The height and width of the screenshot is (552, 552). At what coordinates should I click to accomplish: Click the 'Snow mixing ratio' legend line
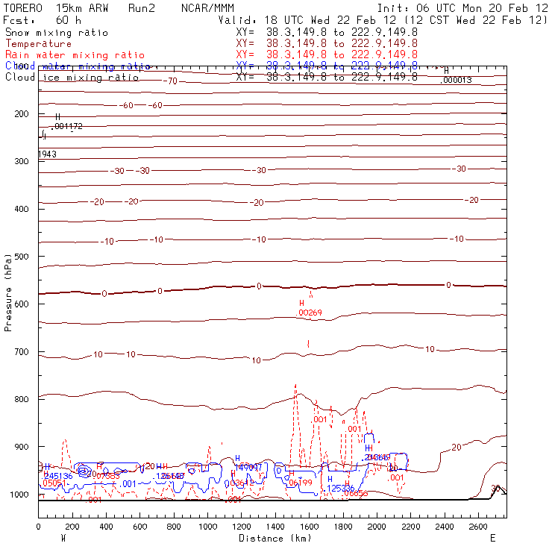[x=56, y=33]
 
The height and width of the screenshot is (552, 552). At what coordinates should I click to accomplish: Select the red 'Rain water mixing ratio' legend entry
[x=66, y=55]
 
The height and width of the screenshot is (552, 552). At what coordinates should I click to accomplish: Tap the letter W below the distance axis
[x=63, y=537]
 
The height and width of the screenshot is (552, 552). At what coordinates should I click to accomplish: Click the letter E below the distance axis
[x=492, y=537]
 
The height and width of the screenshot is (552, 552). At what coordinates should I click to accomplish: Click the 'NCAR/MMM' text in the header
[x=207, y=7]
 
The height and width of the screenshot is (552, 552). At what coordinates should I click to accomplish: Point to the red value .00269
[x=310, y=313]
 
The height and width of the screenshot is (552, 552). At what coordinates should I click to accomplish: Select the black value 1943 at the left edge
[x=46, y=154]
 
